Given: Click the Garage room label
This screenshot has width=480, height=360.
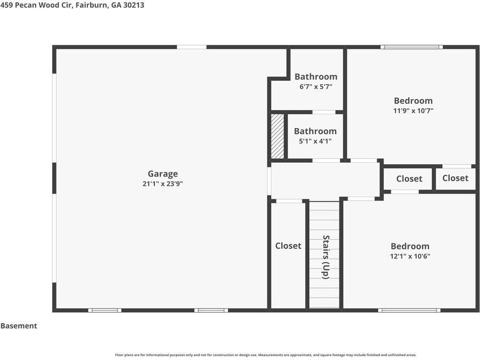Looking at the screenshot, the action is click(x=163, y=174).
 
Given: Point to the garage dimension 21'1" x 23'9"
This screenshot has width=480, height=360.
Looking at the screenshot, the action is click(x=163, y=184).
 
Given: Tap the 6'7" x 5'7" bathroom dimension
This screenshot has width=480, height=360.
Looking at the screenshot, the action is click(x=316, y=87).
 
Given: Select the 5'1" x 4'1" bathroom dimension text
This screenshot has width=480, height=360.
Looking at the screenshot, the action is click(x=315, y=141).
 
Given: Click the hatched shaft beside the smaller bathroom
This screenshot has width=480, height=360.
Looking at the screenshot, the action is click(x=278, y=136).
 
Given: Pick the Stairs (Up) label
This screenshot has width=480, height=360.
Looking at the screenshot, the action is click(x=326, y=257).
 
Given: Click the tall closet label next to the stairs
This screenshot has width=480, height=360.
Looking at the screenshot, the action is click(x=288, y=246).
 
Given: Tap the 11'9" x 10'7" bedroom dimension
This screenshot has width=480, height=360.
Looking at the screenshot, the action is click(x=413, y=110).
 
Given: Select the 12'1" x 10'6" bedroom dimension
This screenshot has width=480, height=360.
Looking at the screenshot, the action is click(x=410, y=256).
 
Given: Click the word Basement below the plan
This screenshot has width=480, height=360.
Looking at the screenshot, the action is click(x=19, y=326).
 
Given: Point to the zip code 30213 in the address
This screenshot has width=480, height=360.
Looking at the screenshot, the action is click(x=134, y=5).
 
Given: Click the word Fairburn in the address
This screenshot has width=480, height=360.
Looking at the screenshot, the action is click(x=91, y=5).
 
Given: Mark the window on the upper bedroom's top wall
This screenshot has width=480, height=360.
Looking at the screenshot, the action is click(x=411, y=47).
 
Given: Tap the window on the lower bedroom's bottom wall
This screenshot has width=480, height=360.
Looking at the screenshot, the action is click(x=409, y=311).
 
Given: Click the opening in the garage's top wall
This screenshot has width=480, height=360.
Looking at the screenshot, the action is click(x=192, y=47).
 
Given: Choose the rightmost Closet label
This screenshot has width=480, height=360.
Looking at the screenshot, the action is click(x=455, y=178).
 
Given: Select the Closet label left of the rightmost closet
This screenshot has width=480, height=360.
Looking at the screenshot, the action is click(x=409, y=179).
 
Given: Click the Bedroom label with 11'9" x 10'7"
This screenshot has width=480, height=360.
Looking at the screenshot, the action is click(x=413, y=101).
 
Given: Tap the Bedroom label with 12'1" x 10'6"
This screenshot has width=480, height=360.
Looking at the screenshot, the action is click(x=410, y=246).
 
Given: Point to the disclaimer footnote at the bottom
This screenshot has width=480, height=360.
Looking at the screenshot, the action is click(x=266, y=355).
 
